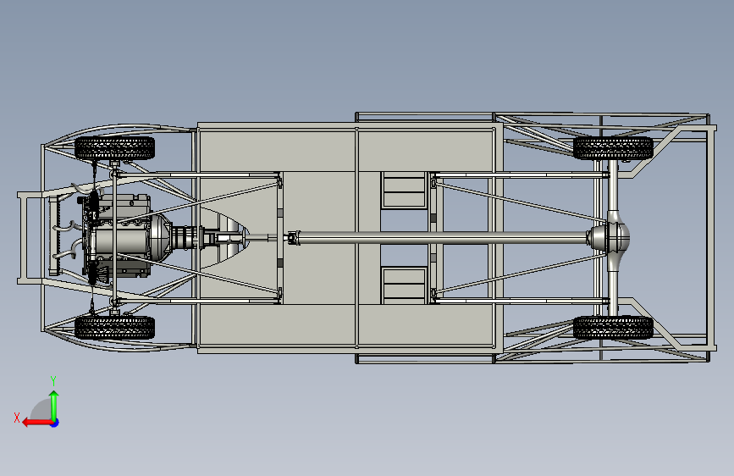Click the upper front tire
115,148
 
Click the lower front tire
115,327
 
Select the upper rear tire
613,147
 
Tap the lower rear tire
613,328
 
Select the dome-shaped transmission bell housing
162,238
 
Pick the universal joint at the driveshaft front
294,238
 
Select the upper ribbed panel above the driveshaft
403,191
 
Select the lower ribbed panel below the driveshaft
403,284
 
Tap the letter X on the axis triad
17,417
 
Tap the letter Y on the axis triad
52,380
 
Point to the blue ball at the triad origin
54,422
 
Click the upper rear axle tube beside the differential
611,199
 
